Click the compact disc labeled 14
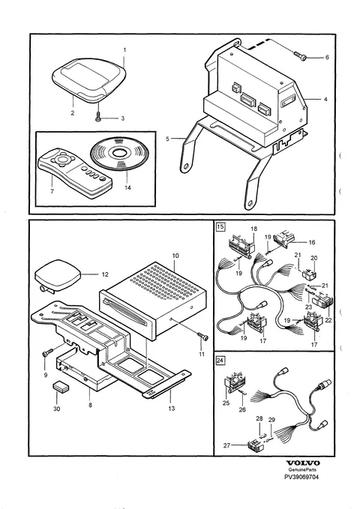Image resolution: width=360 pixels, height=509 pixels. (x=119, y=154)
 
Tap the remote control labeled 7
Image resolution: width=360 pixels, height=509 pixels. (x=75, y=172)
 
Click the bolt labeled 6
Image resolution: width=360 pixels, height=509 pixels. (x=300, y=55)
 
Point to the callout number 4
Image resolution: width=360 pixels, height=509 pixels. (x=325, y=100)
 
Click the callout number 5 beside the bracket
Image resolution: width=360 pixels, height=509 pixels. (x=168, y=139)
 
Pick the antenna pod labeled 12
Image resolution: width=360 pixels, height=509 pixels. (x=57, y=275)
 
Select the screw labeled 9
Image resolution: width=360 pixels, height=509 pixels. (x=47, y=353)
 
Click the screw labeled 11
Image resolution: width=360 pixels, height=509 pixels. (x=202, y=337)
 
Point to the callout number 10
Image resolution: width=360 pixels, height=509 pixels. (x=175, y=256)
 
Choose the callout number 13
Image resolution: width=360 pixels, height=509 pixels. (x=172, y=409)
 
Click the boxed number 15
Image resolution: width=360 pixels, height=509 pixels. (x=220, y=226)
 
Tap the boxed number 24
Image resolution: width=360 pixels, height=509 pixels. (x=220, y=360)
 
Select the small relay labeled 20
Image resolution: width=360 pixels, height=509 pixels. (x=308, y=274)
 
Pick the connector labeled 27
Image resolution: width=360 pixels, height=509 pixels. (x=256, y=446)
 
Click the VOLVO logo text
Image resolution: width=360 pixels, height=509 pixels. (x=303, y=463)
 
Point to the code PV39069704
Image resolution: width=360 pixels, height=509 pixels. (x=301, y=478)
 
